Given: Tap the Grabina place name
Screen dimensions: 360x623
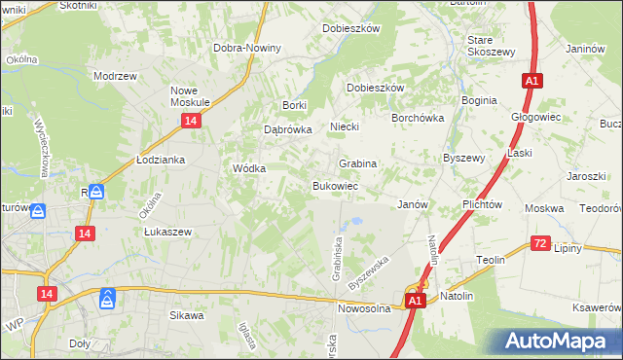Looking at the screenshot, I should tap(357, 163).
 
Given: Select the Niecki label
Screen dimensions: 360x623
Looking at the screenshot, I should tap(345, 126).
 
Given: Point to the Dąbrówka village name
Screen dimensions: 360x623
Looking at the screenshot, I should tap(287, 128).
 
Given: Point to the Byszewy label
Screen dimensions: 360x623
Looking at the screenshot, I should tap(463, 157).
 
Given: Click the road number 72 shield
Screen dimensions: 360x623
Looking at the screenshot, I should tap(541, 243).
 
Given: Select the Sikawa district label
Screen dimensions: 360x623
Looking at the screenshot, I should tap(187, 315).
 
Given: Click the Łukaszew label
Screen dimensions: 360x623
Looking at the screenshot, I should tap(166, 232).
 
